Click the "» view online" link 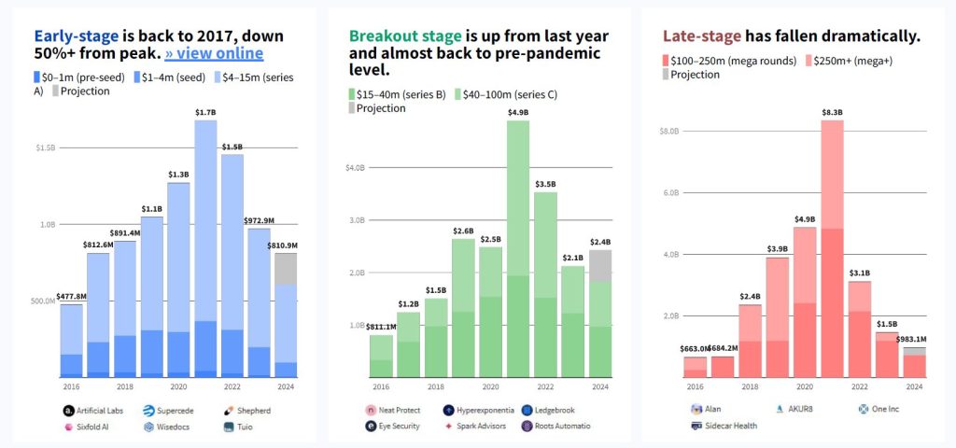click(214, 53)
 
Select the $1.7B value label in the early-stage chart click(205, 113)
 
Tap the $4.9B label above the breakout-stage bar click(517, 113)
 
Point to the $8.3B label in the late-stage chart click(833, 113)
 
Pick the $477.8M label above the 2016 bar click(71, 297)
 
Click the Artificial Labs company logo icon click(69, 411)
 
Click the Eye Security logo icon click(372, 427)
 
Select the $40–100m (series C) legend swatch click(459, 94)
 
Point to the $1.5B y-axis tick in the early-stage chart click(45, 147)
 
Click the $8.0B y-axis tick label click(668, 132)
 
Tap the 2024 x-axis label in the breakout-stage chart click(600, 385)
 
